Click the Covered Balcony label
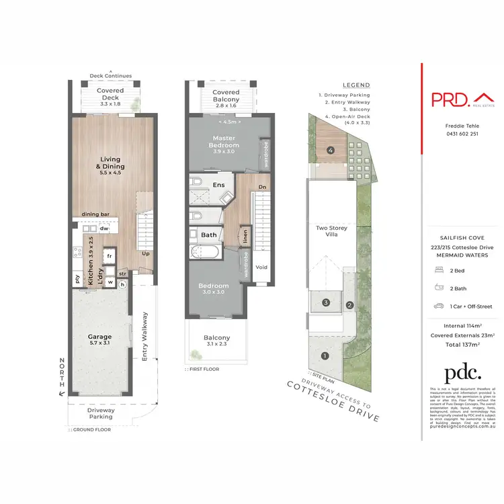pos(226,96)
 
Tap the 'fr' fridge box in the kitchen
pos(108,256)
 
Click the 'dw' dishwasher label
pos(104,228)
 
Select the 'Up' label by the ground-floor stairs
pos(145,255)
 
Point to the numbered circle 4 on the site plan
pos(331,150)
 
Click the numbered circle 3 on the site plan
pos(325,303)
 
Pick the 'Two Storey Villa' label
pos(331,233)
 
